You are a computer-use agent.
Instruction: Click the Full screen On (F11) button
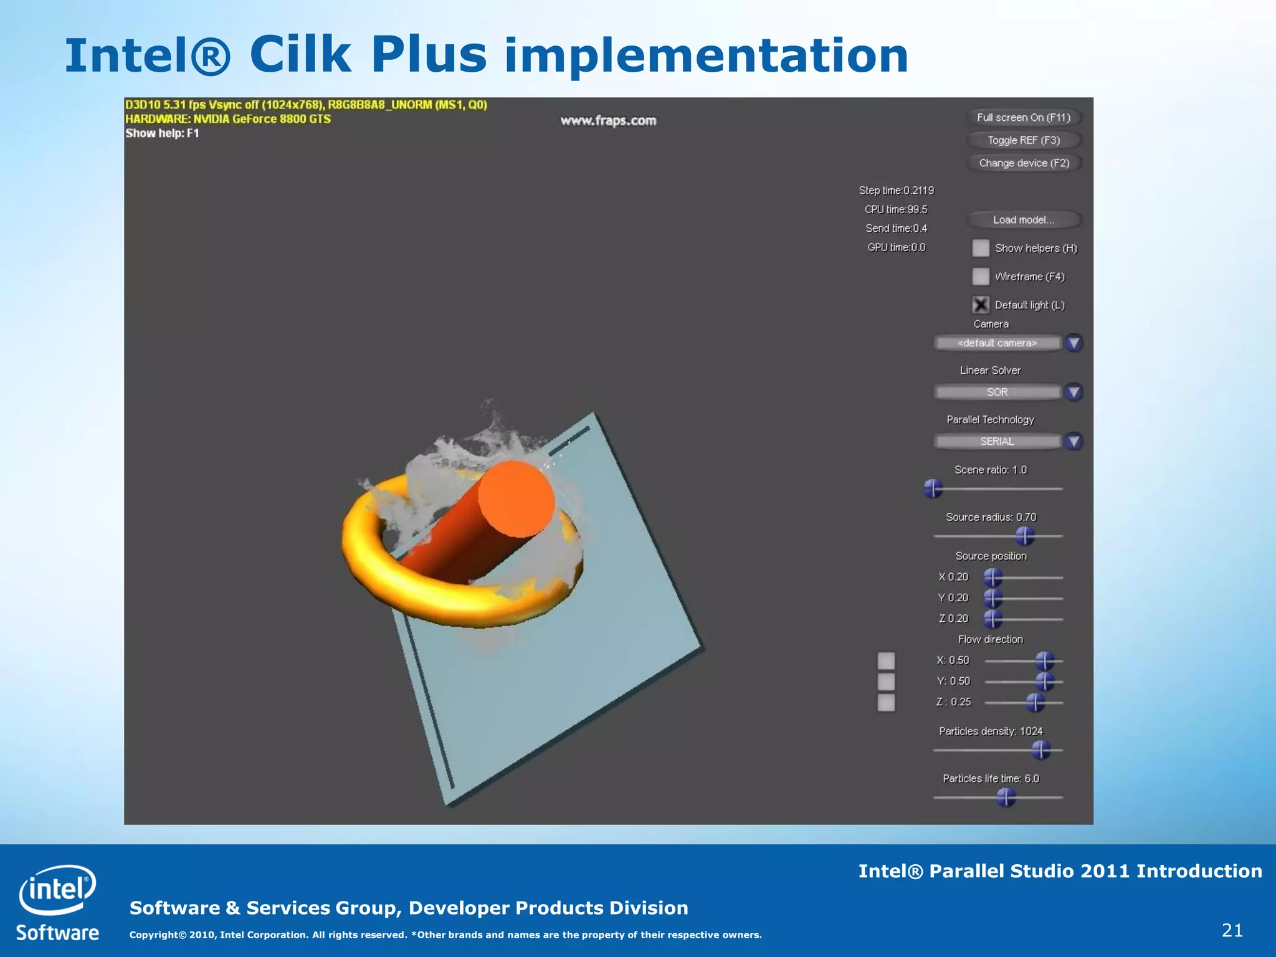pyautogui.click(x=1023, y=117)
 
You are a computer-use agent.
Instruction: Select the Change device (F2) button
pyautogui.click(x=1023, y=163)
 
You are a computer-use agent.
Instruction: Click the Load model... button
pyautogui.click(x=1023, y=219)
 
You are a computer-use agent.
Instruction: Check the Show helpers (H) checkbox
pyautogui.click(x=981, y=248)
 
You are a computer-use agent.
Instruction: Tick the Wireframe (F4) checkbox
pyautogui.click(x=981, y=276)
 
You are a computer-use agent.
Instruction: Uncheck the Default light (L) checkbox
pyautogui.click(x=981, y=305)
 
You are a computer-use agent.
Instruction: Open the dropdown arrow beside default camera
pyautogui.click(x=1074, y=343)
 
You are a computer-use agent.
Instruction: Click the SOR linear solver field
pyautogui.click(x=997, y=392)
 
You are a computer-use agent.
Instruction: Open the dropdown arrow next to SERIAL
pyautogui.click(x=1074, y=441)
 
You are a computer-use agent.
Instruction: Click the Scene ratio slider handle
pyautogui.click(x=933, y=489)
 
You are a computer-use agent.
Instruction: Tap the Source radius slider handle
pyautogui.click(x=1024, y=536)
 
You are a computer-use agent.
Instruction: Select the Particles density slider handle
pyautogui.click(x=1040, y=750)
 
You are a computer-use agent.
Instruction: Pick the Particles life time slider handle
pyautogui.click(x=1006, y=797)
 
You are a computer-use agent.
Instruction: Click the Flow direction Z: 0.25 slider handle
pyautogui.click(x=1035, y=703)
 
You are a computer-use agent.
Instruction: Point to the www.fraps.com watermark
pyautogui.click(x=608, y=120)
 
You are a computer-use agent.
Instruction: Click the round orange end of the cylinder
pyautogui.click(x=516, y=499)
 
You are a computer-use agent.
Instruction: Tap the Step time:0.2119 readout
pyautogui.click(x=896, y=190)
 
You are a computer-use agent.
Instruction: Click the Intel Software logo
pyautogui.click(x=57, y=902)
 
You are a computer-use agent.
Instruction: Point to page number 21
pyautogui.click(x=1232, y=930)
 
